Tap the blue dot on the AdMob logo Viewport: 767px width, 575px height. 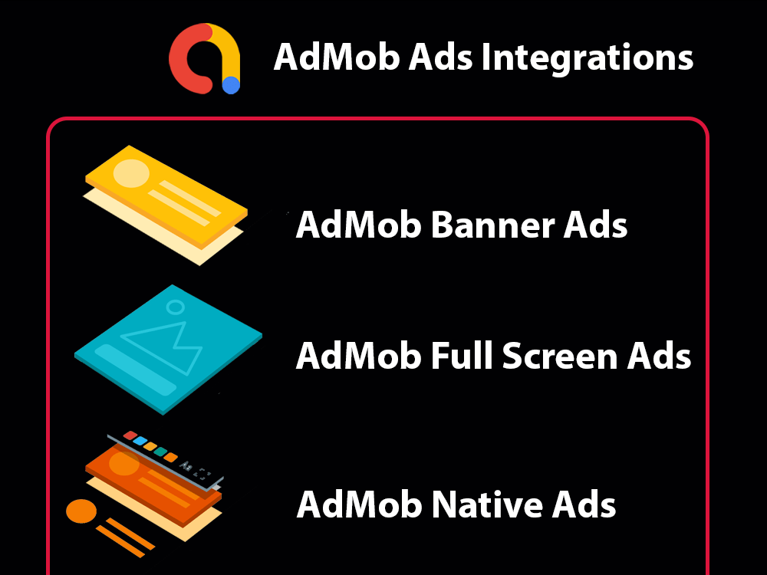(x=231, y=85)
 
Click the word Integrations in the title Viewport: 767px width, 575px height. (x=588, y=58)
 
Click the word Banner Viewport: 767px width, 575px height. (x=494, y=225)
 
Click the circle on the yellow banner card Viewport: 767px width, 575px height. (x=131, y=174)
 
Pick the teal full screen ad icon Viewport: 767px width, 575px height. (x=169, y=349)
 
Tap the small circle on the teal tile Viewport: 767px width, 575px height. (x=176, y=307)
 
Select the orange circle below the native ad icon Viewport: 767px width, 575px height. (x=81, y=511)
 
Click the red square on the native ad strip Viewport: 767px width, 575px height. (x=130, y=435)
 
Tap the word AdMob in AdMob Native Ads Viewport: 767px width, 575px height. (x=359, y=505)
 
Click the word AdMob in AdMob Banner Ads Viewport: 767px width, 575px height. (x=358, y=225)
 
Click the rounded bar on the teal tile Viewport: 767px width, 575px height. (x=135, y=370)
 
